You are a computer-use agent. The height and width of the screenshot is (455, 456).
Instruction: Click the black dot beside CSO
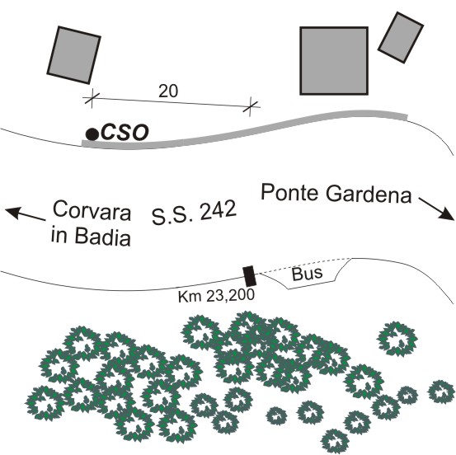coord(92,134)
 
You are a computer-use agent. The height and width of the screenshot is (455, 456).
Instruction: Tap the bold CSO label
coord(125,133)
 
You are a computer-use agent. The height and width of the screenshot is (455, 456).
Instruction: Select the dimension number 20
coord(168,91)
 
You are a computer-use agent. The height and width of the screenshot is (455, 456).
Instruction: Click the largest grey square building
coord(334,61)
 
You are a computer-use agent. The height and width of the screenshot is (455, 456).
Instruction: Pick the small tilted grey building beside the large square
coord(401,38)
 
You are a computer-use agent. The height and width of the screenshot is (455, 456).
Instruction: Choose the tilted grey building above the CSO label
coord(74,55)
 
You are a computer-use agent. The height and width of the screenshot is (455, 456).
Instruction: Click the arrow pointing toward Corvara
coord(25,213)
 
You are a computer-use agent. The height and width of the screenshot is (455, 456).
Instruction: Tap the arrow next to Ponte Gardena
coord(436,209)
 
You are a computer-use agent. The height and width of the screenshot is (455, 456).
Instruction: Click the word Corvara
coord(92,210)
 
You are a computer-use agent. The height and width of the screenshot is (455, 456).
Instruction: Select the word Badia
coord(102,236)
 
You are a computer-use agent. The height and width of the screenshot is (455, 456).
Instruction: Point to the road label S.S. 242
coord(194,213)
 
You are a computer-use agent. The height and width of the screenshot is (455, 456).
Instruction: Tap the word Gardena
coord(369,195)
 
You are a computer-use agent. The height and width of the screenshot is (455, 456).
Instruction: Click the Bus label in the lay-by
coord(307,274)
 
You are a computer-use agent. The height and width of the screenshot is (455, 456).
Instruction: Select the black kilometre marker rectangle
coord(250,276)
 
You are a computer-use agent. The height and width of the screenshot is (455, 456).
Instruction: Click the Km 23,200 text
coord(216,296)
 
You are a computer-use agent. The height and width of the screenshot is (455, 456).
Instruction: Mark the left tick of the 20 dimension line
coord(92,98)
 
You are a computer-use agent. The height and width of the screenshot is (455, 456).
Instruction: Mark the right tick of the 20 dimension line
coord(250,107)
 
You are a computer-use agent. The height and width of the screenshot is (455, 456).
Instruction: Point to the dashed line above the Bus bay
coord(304,265)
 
